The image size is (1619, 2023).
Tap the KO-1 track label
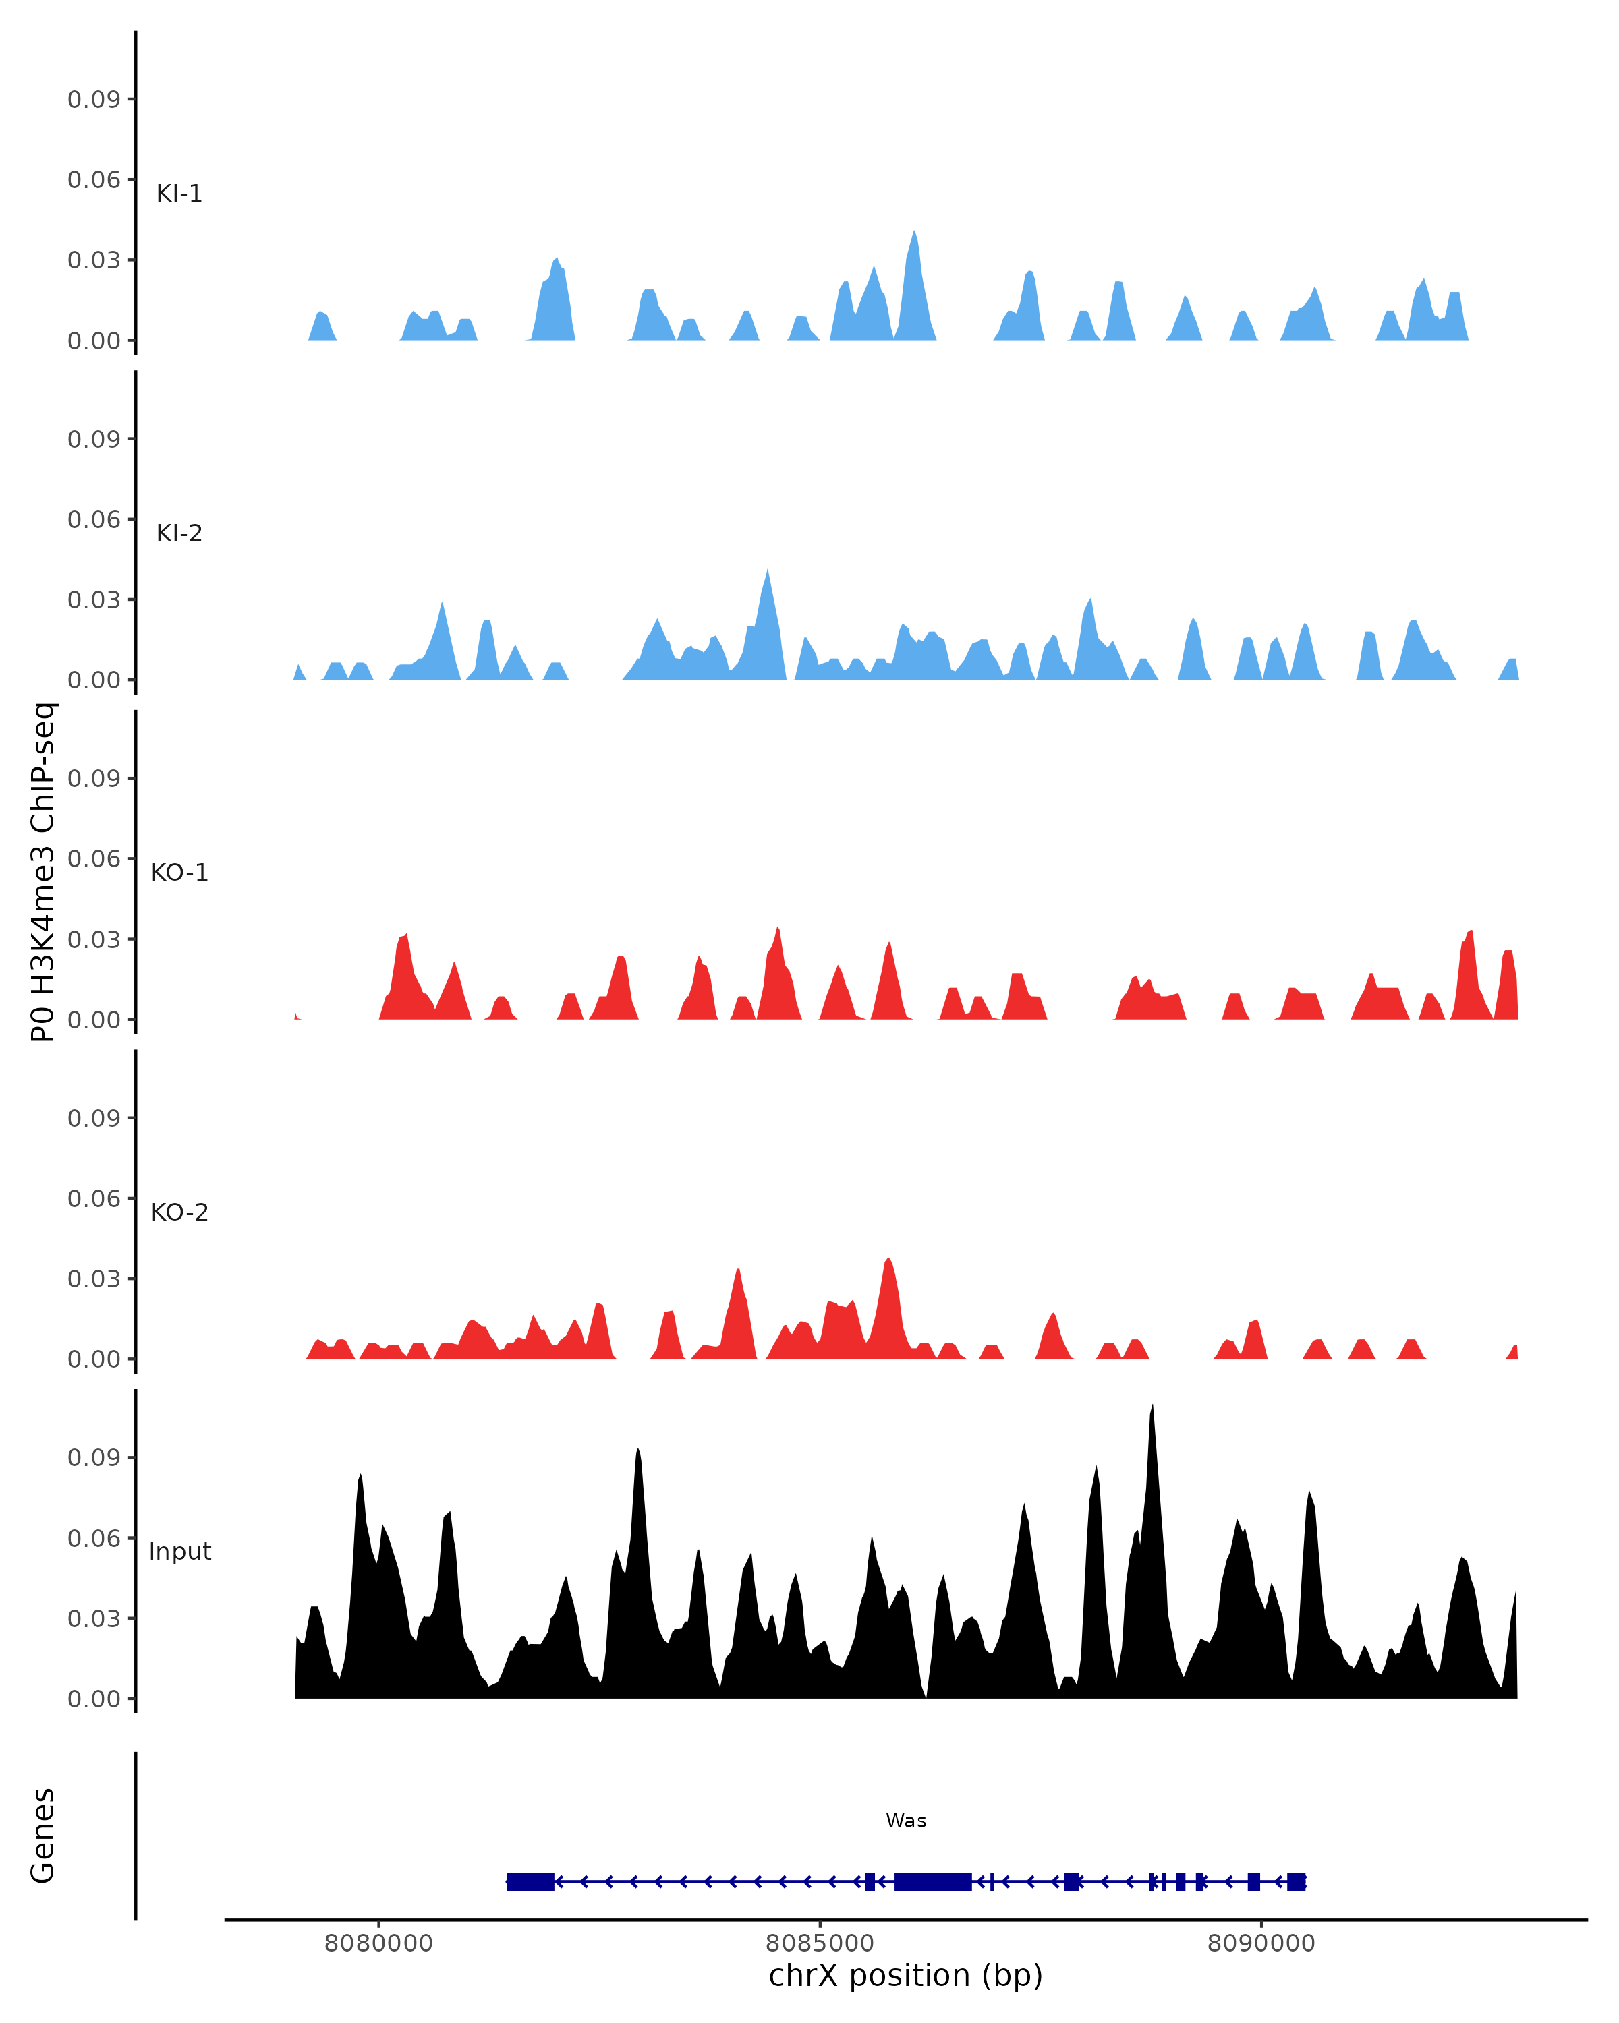[x=179, y=873]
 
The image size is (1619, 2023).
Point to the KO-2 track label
[x=179, y=1212]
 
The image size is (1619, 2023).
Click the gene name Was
[x=906, y=1821]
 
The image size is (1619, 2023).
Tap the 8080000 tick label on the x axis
[x=378, y=1943]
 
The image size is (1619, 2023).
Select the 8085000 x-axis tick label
[x=820, y=1943]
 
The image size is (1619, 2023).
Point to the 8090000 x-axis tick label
[x=1261, y=1943]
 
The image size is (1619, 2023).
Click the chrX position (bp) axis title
[x=906, y=1976]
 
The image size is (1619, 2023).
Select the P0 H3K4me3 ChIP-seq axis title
[x=43, y=872]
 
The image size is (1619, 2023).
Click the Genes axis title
[x=43, y=1836]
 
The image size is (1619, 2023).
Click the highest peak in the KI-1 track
[x=914, y=233]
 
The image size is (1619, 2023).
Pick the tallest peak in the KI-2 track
[x=767, y=571]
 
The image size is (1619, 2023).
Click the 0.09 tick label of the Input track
[x=94, y=1457]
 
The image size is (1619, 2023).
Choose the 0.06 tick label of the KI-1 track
[x=94, y=179]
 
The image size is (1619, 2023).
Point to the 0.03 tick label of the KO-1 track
[x=94, y=939]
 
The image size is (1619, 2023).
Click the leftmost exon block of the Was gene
[x=530, y=1881]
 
